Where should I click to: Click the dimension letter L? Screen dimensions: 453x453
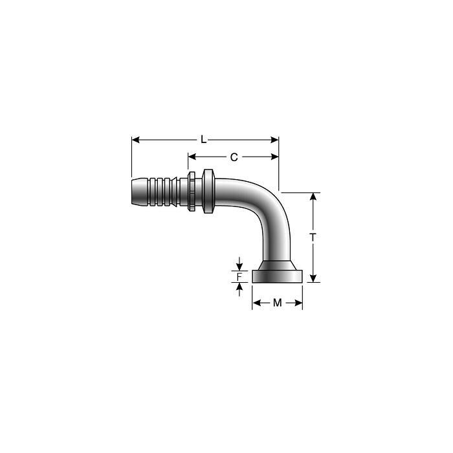[x=203, y=139]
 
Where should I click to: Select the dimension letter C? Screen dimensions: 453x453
[x=234, y=157]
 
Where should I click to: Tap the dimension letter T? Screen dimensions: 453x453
[x=313, y=238]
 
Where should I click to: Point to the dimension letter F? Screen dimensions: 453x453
[x=239, y=277]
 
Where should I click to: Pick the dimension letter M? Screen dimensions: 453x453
[x=278, y=303]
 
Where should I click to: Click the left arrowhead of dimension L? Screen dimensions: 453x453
[x=136, y=139]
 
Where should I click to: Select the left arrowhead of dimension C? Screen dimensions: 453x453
[x=192, y=157]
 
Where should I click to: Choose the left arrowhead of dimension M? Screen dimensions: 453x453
[x=256, y=303]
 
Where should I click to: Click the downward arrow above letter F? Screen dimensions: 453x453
[x=239, y=266]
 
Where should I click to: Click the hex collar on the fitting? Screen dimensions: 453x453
[x=208, y=192]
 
